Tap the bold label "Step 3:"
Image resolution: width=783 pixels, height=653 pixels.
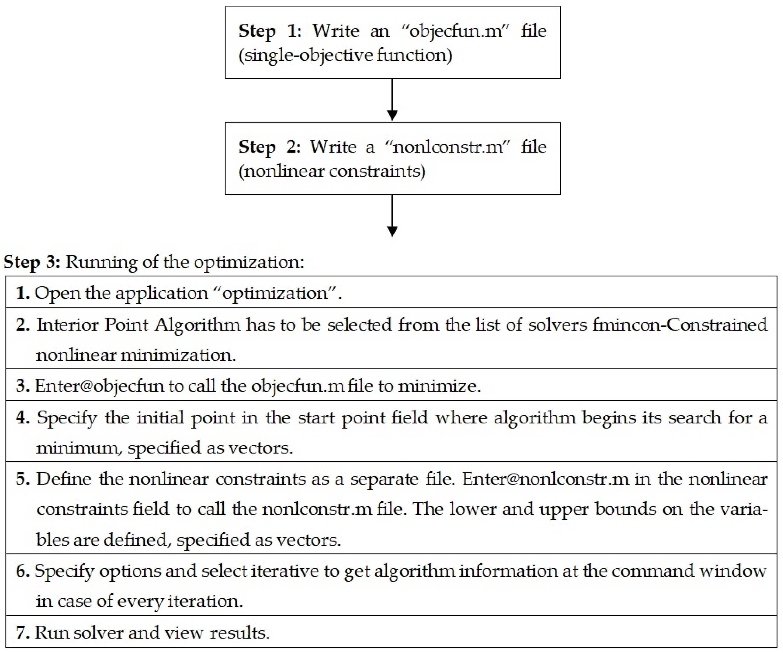(31, 262)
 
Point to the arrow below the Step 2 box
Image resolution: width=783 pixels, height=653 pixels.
(392, 216)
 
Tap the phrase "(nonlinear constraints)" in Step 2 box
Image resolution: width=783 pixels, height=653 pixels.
(332, 171)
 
